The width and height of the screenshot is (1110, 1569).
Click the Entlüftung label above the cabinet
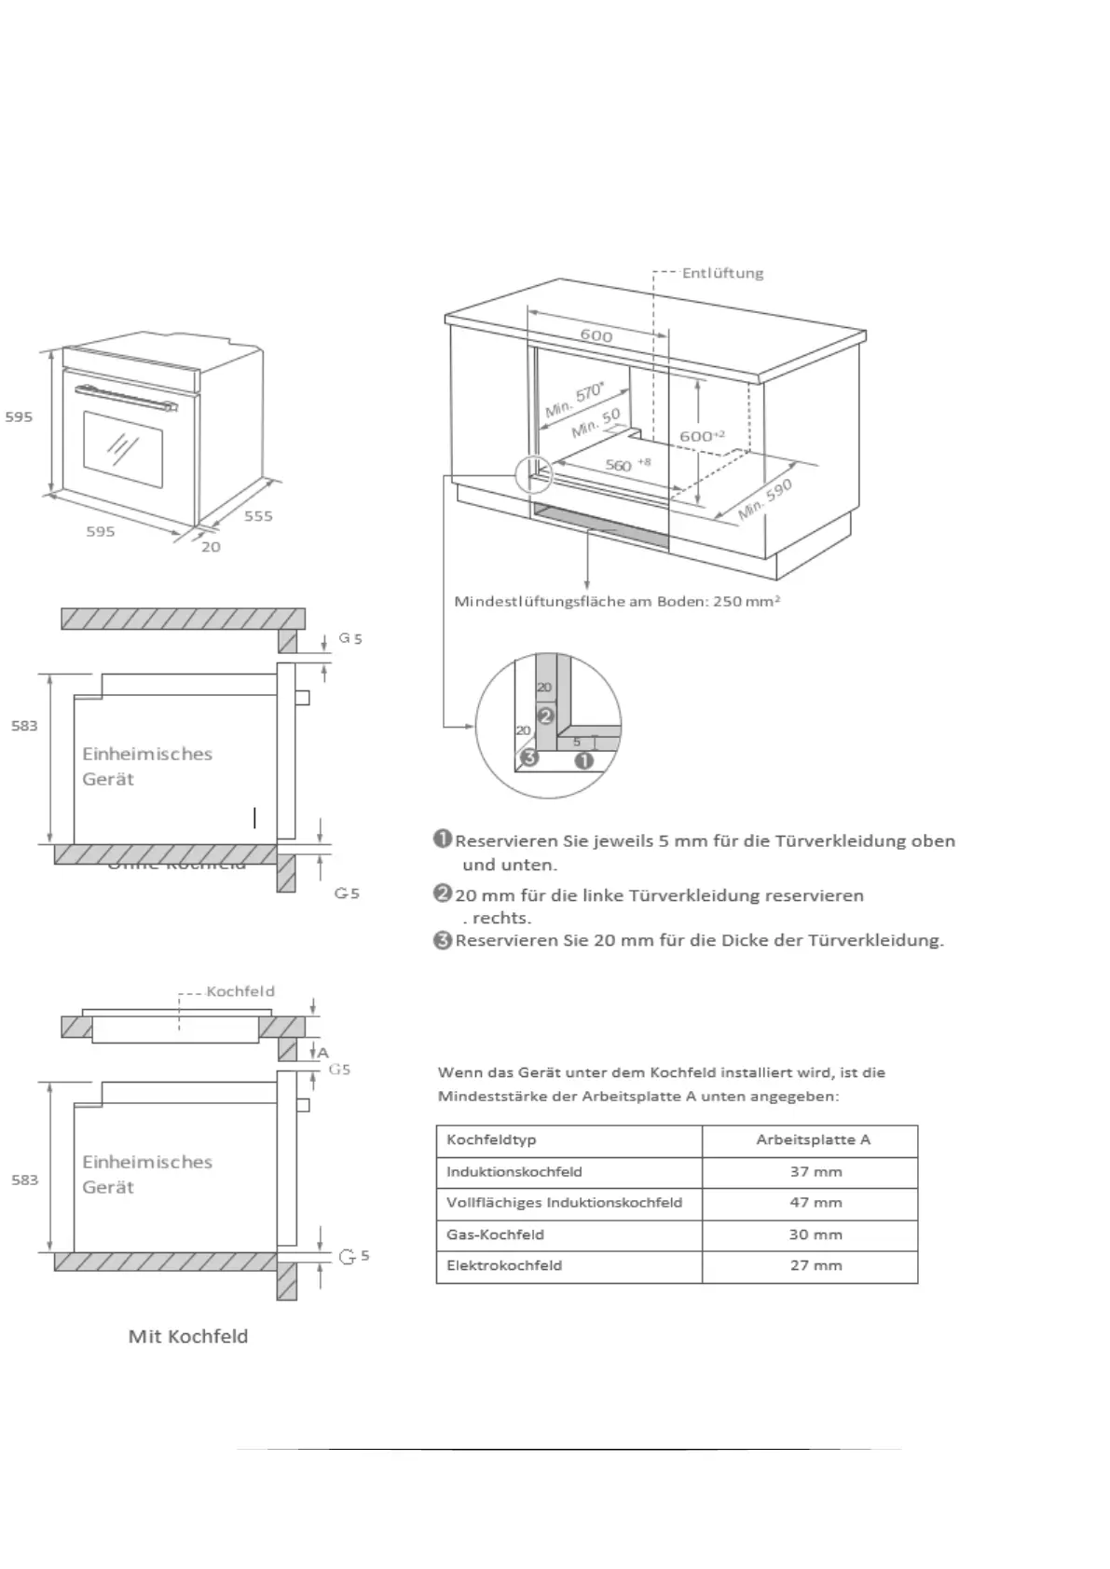(722, 273)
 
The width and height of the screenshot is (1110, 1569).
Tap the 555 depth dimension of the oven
(258, 516)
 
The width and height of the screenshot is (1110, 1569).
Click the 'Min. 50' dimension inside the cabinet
(596, 424)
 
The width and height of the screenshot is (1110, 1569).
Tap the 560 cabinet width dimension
(620, 464)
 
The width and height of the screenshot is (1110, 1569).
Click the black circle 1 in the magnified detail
(584, 759)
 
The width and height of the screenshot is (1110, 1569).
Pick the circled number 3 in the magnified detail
(529, 757)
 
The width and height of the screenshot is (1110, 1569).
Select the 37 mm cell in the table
(815, 1172)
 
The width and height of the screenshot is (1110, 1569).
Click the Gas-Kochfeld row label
(495, 1235)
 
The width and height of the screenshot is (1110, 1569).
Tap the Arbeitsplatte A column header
(813, 1139)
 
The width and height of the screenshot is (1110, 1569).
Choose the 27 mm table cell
(815, 1265)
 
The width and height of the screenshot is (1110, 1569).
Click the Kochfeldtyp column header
(491, 1139)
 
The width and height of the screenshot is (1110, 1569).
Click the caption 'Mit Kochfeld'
(188, 1336)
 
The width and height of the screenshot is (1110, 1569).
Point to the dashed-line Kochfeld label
(240, 991)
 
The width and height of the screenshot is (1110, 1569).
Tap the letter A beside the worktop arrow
(323, 1053)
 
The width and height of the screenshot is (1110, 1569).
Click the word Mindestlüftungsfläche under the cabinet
(539, 601)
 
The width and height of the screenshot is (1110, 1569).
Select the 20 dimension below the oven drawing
(212, 547)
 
